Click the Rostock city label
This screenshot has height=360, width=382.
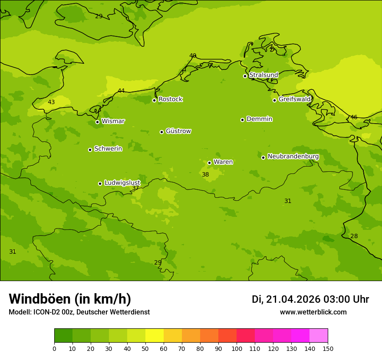(x=170, y=99)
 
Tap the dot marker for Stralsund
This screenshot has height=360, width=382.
(x=245, y=76)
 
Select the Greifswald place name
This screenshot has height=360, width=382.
(x=294, y=99)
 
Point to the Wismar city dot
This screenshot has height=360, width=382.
(x=97, y=122)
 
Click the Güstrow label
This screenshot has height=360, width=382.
(x=178, y=131)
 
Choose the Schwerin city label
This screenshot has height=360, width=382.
(x=108, y=149)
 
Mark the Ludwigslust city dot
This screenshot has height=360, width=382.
(x=100, y=183)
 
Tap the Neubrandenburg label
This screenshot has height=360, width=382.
(x=293, y=157)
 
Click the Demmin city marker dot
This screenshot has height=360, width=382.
(x=242, y=120)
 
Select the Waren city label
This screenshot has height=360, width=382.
(x=223, y=162)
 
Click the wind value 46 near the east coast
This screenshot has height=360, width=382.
(x=354, y=117)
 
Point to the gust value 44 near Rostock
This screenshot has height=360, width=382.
(x=121, y=91)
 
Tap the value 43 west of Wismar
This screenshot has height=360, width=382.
(x=51, y=102)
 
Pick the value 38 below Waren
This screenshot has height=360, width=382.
(x=205, y=174)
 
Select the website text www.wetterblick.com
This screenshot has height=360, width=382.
(x=313, y=312)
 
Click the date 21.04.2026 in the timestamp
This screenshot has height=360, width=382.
(x=293, y=299)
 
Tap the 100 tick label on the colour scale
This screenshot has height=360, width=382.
(x=237, y=348)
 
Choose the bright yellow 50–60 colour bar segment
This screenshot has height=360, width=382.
(x=155, y=336)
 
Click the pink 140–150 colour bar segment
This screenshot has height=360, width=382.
(x=319, y=336)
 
